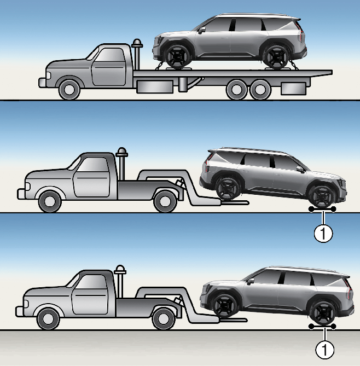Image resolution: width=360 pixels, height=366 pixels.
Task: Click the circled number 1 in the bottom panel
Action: point(325,349)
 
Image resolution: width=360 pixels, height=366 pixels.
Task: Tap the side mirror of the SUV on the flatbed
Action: point(202,30)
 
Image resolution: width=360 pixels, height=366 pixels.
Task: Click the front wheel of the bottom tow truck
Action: point(49,318)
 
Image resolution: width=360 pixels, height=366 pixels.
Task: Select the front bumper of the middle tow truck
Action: point(22,194)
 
